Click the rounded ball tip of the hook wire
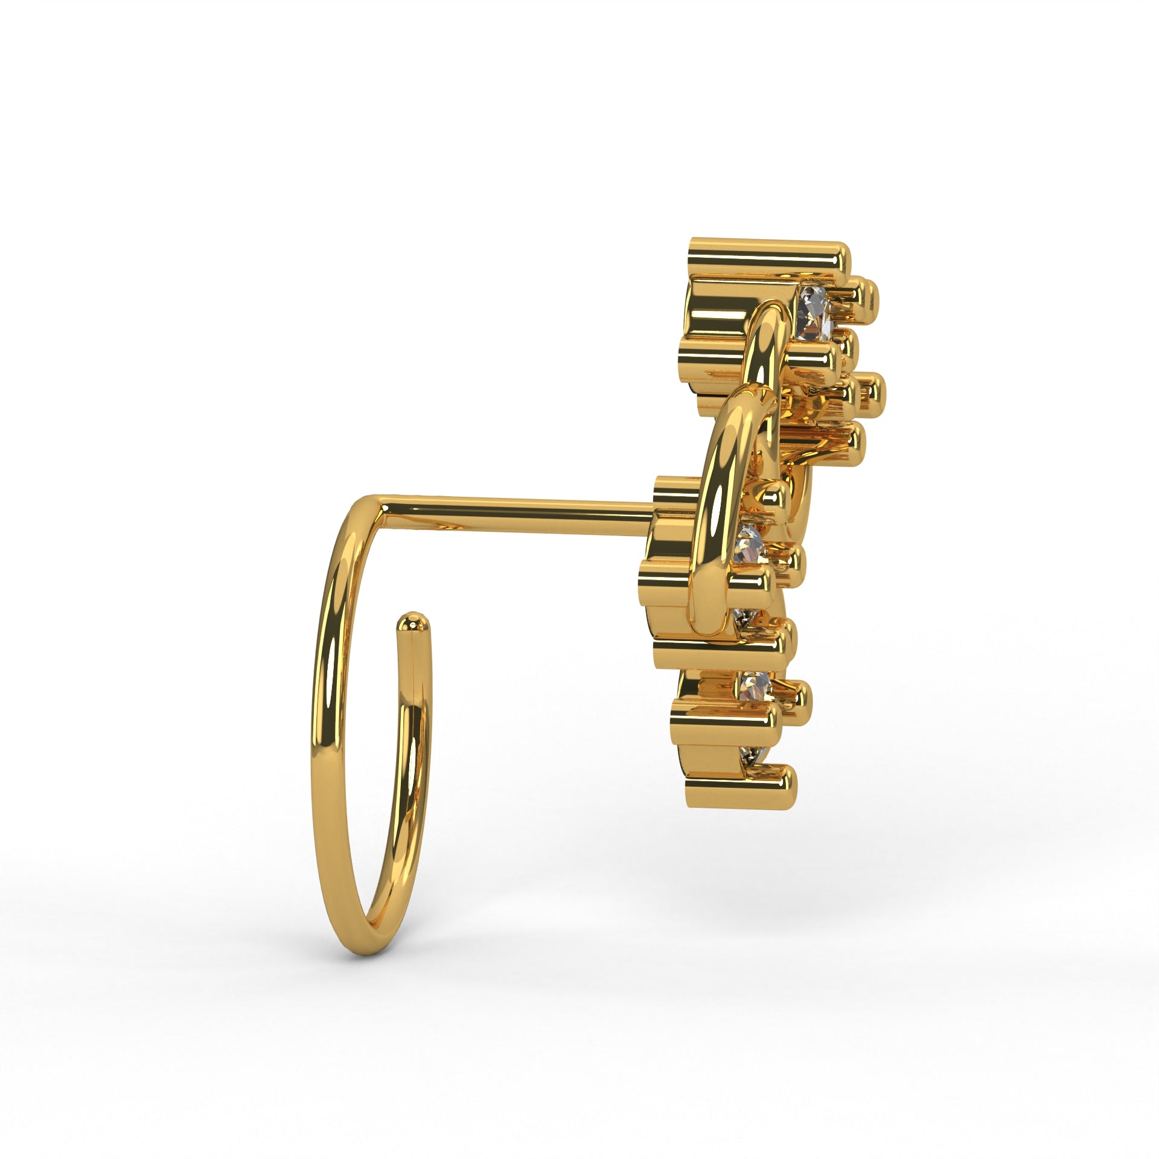coord(411,622)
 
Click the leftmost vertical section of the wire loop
coord(323,724)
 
